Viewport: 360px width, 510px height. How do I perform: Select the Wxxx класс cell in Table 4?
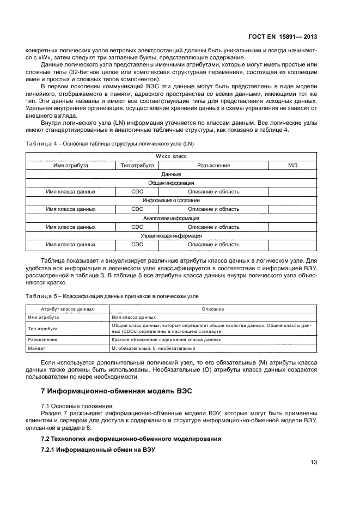tap(171, 156)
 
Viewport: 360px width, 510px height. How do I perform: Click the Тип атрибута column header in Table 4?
tap(137, 165)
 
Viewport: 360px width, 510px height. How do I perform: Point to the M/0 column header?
tap(292, 165)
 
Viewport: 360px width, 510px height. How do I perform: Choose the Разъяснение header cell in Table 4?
tap(213, 165)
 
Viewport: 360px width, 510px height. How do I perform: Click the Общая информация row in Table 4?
tap(171, 183)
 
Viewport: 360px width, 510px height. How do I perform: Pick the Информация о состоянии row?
tap(171, 201)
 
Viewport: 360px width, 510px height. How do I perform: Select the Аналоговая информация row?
tap(171, 218)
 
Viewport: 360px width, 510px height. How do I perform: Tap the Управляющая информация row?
tap(171, 235)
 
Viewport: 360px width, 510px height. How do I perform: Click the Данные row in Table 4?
tap(171, 174)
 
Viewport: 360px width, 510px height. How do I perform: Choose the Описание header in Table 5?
tap(213, 309)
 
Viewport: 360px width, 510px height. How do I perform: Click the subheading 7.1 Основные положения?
tap(77, 406)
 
